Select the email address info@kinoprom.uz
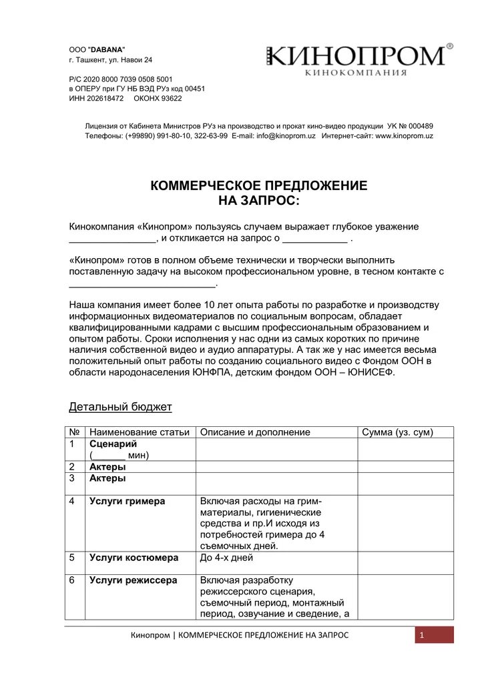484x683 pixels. [x=286, y=136]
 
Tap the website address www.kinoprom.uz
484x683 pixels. [x=405, y=136]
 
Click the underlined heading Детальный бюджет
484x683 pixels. [x=120, y=406]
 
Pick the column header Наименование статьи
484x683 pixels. [x=139, y=432]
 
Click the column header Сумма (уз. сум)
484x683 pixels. [x=397, y=432]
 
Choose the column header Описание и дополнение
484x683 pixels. [x=255, y=432]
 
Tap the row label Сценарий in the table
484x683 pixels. [x=113, y=444]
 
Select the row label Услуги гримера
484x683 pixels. [x=127, y=501]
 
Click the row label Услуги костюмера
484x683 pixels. [x=134, y=557]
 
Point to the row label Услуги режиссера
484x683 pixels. [x=133, y=580]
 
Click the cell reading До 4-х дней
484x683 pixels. [x=226, y=557]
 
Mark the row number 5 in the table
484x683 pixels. [x=72, y=557]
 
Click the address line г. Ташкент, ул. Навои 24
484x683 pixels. [x=111, y=60]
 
